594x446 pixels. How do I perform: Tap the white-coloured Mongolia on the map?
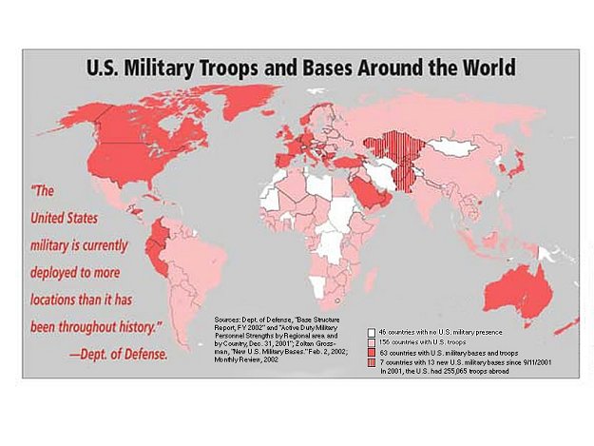coord(454,147)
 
